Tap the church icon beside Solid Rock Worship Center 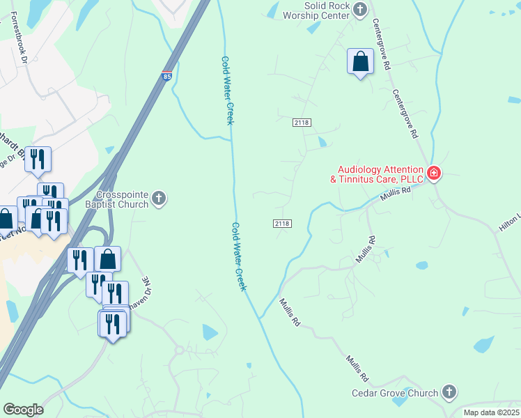(x=360, y=9)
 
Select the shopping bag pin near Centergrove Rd (x=361, y=62)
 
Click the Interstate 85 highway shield (x=166, y=75)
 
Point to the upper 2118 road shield (x=302, y=123)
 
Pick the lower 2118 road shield (x=282, y=224)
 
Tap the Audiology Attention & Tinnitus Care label (x=380, y=174)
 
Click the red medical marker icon (x=433, y=173)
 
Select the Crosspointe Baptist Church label (x=123, y=200)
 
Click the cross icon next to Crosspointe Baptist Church (x=159, y=200)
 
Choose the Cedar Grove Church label (x=404, y=393)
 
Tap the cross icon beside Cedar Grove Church (x=449, y=393)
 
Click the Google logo (x=23, y=409)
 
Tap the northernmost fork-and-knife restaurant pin (x=37, y=160)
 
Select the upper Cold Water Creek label (x=226, y=91)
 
